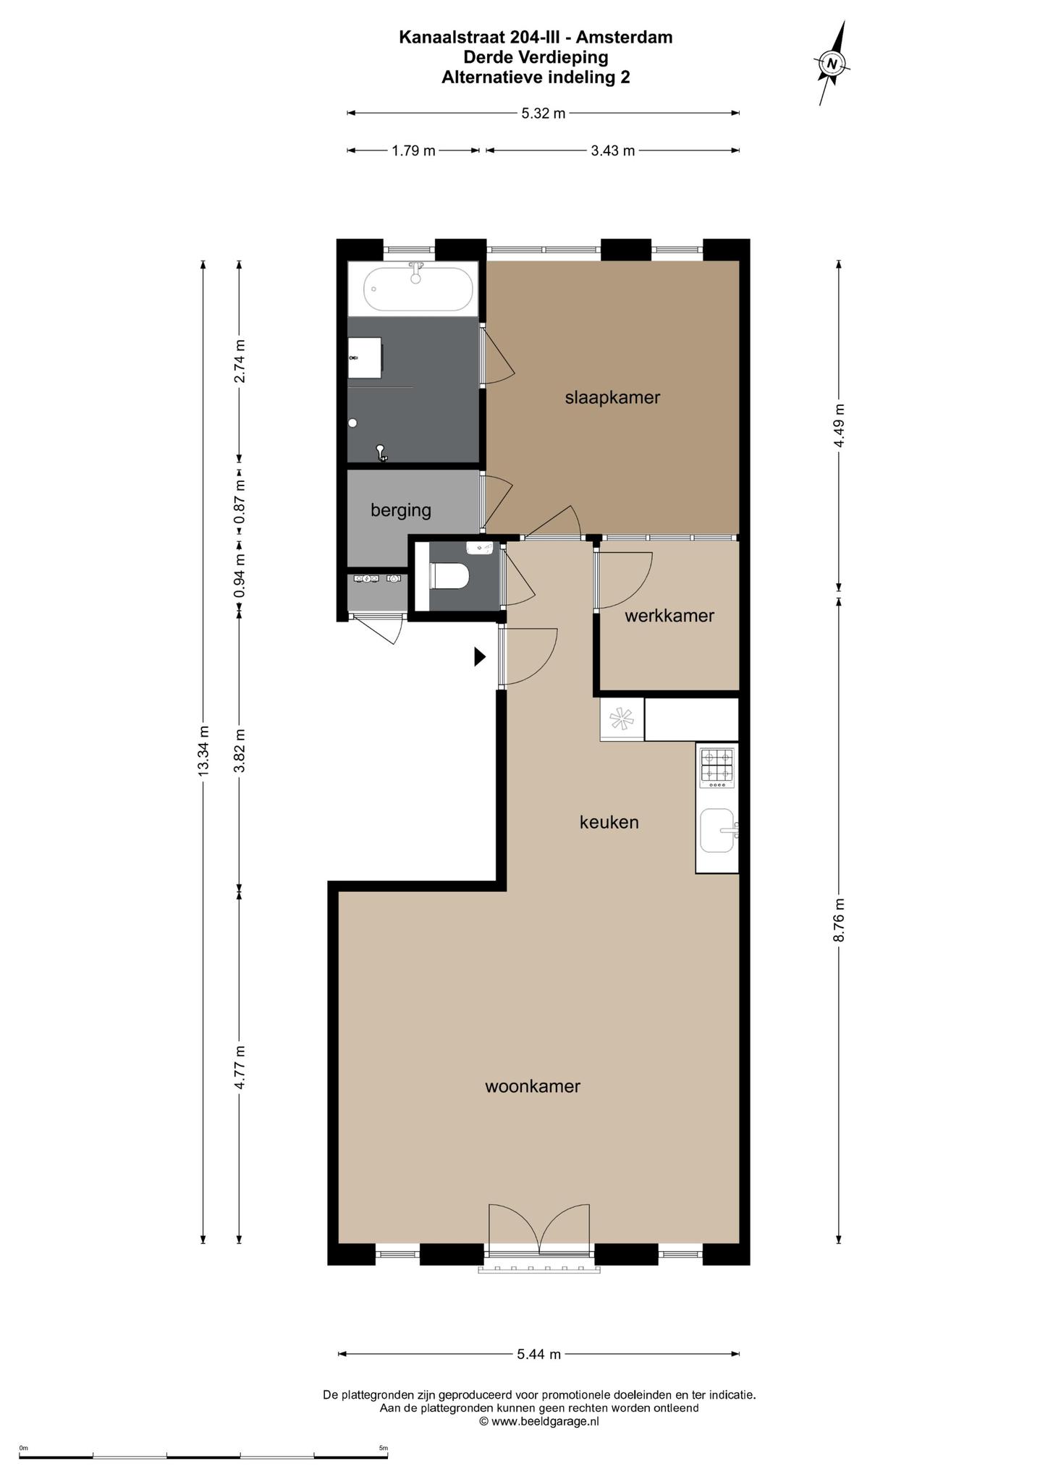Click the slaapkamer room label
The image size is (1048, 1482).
pos(612,397)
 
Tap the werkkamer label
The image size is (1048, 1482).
pos(669,616)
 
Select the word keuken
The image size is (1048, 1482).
pos(609,822)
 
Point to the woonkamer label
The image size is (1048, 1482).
pos(533,1086)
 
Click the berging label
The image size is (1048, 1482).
pos(401,511)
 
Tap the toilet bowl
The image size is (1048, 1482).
pos(450,577)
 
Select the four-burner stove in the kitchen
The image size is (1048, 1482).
pos(717,767)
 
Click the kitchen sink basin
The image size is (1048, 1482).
pos(718,831)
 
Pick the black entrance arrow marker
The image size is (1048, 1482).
pos(479,656)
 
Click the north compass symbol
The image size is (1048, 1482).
pos(832,64)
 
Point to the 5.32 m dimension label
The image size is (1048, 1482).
pos(544,113)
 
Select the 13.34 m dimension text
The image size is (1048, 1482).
pos(203,750)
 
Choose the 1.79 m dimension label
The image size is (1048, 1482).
pos(414,151)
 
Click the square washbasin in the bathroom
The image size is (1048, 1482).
pos(365,357)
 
